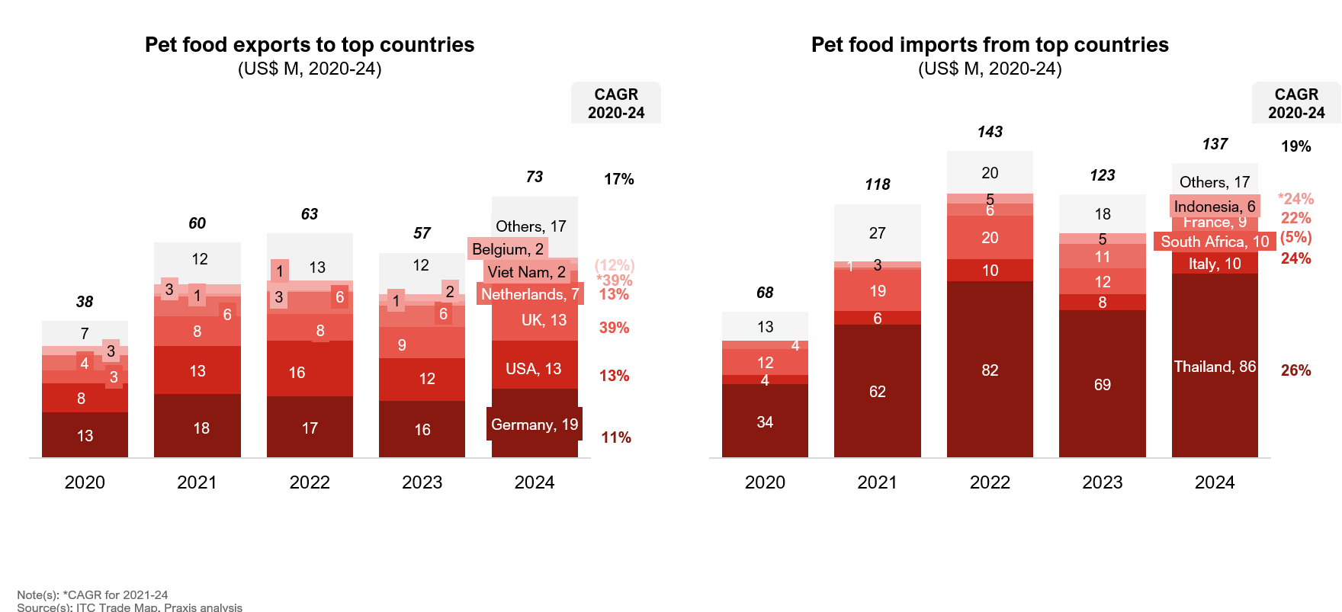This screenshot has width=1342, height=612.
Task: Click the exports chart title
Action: (310, 45)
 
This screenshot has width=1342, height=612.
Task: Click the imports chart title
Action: (990, 45)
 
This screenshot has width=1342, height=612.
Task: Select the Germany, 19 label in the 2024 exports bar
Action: (535, 425)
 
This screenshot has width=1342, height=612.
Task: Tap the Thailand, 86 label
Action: (1215, 367)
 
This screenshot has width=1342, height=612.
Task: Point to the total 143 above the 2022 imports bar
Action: (990, 132)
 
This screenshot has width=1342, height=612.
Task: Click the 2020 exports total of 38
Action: (85, 302)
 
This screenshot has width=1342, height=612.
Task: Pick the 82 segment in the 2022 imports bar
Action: (990, 370)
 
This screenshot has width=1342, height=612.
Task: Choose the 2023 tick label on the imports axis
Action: (1102, 482)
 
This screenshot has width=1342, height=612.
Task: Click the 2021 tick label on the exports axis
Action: (197, 482)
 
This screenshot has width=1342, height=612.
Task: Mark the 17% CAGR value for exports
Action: (619, 179)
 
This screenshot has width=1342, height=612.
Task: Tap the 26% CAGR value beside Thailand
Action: (1295, 370)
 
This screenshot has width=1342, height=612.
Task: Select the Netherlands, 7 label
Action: (530, 294)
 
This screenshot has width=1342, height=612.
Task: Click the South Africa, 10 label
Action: (1215, 242)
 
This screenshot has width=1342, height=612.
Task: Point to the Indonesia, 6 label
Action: (1214, 207)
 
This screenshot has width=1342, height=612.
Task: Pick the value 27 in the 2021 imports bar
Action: (878, 233)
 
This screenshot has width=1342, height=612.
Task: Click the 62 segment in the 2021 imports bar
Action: (878, 392)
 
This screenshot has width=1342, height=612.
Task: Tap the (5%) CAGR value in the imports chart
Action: (1295, 238)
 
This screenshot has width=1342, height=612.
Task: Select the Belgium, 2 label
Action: (508, 249)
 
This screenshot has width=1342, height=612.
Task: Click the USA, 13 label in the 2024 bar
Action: (534, 369)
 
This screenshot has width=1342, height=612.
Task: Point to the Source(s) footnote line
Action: (130, 607)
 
